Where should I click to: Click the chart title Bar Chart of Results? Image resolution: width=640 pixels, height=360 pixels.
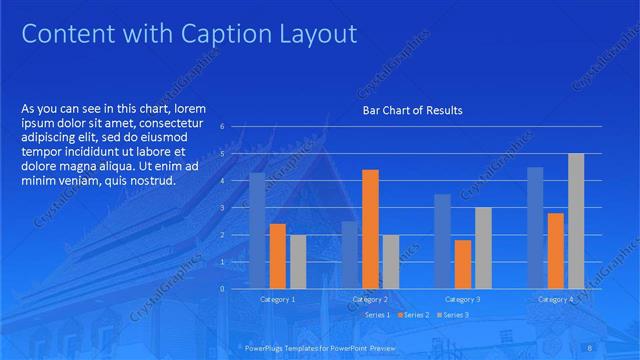point(412,110)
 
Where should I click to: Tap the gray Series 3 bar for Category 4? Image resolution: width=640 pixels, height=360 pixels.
point(576,221)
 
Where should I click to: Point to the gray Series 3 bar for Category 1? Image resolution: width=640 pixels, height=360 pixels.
point(298,262)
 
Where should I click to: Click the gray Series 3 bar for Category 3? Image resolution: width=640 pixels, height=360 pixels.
point(483,248)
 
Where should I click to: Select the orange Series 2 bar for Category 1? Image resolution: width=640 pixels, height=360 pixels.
point(278,256)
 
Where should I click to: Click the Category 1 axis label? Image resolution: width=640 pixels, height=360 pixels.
point(278,299)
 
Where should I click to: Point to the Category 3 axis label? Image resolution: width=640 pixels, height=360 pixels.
point(462,299)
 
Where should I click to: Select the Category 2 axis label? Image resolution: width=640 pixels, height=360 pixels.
point(370,299)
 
